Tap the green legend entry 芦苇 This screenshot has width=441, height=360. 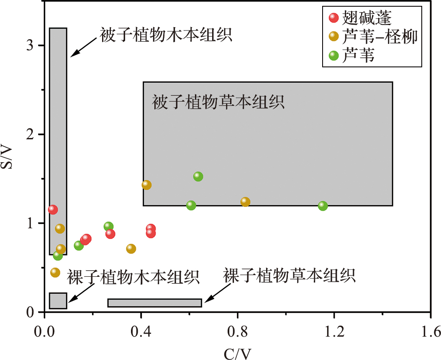click(358, 55)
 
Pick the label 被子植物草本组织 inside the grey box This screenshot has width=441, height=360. click(218, 102)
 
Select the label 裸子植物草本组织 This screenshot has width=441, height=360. click(289, 275)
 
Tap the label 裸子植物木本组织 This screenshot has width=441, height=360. click(133, 276)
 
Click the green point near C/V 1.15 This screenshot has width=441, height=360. click(323, 206)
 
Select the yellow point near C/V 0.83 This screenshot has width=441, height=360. click(245, 202)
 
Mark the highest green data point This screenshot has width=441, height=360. click(198, 176)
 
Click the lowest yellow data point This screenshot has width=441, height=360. click(55, 272)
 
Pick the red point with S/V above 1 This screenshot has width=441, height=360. click(53, 209)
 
